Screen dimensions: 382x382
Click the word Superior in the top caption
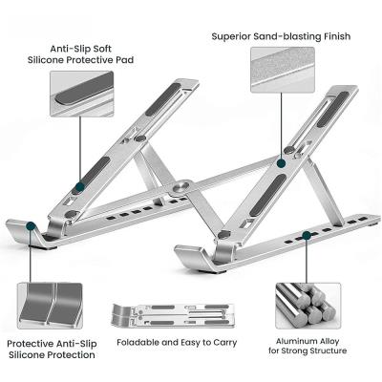coord(231,36)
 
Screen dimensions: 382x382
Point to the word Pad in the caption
coord(124,60)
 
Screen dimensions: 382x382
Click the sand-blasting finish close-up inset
coord(283,70)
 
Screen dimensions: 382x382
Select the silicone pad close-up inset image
coord(82,94)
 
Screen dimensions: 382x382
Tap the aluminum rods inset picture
coord(308,306)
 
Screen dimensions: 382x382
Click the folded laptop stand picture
coord(174,315)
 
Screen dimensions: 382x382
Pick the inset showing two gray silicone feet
coord(50,306)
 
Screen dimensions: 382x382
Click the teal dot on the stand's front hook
coord(31,226)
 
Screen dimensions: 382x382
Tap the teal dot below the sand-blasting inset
coord(281,163)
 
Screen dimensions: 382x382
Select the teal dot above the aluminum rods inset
coord(307,236)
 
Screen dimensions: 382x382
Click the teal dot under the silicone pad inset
coord(80,187)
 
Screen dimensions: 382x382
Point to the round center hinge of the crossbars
coord(181,186)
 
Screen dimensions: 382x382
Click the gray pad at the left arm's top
coord(163,99)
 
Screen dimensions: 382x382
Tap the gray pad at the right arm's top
coord(332,109)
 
